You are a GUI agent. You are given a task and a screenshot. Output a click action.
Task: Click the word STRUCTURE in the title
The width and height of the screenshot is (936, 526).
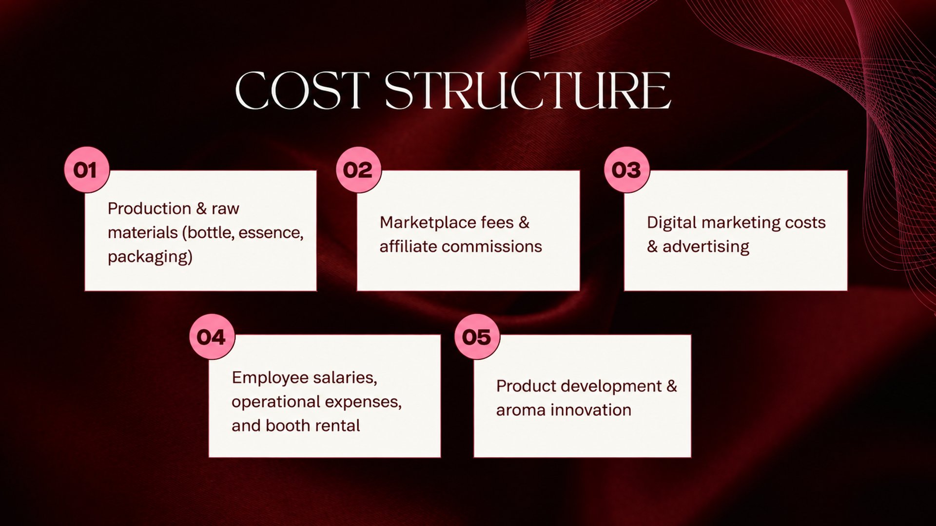[528, 91]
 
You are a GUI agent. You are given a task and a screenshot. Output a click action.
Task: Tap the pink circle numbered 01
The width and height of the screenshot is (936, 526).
[86, 169]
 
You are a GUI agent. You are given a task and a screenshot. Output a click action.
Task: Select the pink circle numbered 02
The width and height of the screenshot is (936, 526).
[358, 169]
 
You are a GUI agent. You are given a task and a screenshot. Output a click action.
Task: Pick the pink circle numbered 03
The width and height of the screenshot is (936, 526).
[626, 169]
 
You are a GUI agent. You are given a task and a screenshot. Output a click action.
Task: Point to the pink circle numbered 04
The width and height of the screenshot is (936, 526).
[212, 337]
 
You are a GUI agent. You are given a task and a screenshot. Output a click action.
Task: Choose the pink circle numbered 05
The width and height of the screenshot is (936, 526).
[477, 337]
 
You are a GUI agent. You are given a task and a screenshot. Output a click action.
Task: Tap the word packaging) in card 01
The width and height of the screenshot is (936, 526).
[150, 257]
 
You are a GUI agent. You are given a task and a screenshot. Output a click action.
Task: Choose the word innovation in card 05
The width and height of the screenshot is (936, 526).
[591, 410]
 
